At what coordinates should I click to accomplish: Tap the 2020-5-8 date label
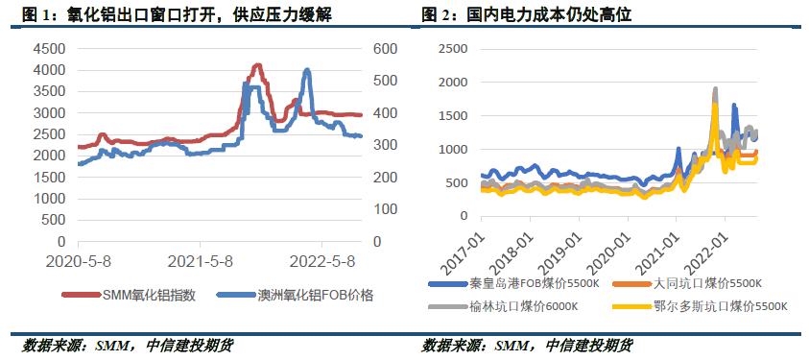pyautogui.click(x=78, y=260)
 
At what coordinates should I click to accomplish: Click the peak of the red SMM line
pyautogui.click(x=256, y=65)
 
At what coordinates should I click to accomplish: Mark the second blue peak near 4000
pyautogui.click(x=306, y=70)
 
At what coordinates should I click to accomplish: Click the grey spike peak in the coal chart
pyautogui.click(x=715, y=89)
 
